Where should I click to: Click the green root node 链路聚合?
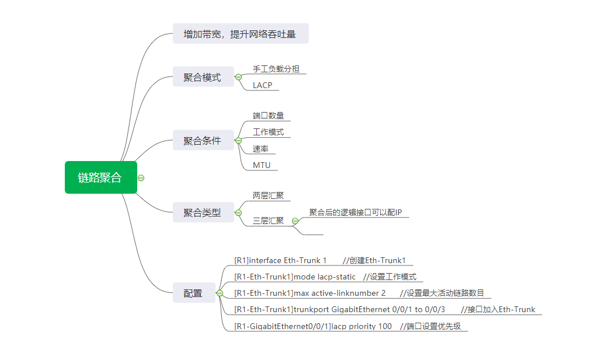click(100, 177)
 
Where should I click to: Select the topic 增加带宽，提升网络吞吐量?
click(240, 34)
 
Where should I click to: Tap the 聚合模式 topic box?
click(203, 77)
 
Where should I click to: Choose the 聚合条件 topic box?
click(203, 141)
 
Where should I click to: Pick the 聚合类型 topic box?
click(203, 213)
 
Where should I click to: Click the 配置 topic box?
click(193, 293)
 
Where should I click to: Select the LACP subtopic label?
click(262, 85)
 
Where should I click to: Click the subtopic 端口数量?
click(268, 116)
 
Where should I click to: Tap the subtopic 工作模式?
click(268, 132)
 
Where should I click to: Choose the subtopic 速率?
click(260, 149)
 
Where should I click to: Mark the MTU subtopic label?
click(262, 165)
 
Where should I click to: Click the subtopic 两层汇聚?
click(268, 195)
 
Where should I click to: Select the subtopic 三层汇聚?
click(268, 221)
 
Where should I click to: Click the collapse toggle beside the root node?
click(141, 178)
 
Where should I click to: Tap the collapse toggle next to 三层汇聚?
click(295, 221)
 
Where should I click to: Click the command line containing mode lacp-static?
click(325, 277)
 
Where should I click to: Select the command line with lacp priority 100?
click(347, 326)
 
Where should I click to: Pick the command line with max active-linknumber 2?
click(359, 293)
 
